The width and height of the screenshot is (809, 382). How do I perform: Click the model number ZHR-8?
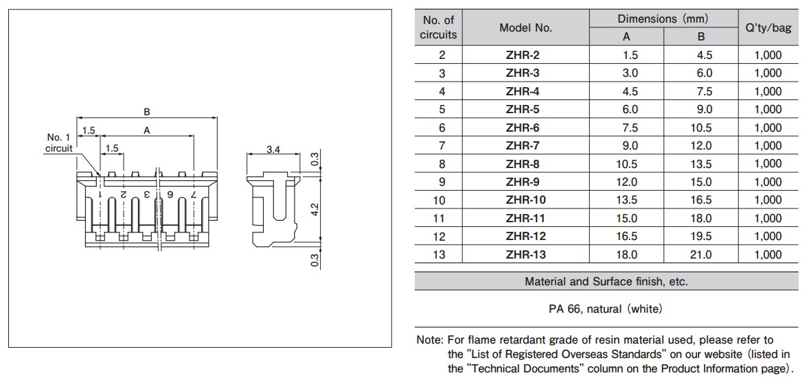click(x=522, y=164)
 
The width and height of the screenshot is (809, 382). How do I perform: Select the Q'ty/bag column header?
click(x=768, y=28)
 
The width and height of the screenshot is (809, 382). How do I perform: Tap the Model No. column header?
click(x=525, y=28)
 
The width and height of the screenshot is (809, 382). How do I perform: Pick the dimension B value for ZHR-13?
click(x=700, y=254)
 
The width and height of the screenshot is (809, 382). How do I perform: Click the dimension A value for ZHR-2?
click(x=626, y=55)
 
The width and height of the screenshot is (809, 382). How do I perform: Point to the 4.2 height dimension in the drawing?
click(x=315, y=208)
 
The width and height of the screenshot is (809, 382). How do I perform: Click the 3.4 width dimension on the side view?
click(x=273, y=150)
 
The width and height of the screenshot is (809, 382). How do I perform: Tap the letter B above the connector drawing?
click(x=146, y=112)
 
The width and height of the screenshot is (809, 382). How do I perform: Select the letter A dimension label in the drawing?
click(x=146, y=130)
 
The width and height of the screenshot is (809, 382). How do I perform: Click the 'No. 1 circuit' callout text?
click(x=58, y=143)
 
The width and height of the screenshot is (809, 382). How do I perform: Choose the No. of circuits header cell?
click(x=438, y=28)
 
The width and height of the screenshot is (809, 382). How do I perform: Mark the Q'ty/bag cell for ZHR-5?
click(x=768, y=109)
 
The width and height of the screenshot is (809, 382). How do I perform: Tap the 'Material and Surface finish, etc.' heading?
click(x=606, y=281)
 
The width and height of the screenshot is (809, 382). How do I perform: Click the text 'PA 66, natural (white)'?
click(x=606, y=309)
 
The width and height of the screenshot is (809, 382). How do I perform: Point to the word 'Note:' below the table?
click(x=430, y=340)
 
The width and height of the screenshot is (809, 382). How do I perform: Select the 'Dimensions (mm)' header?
click(x=663, y=19)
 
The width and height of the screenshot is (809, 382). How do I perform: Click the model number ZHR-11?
click(x=522, y=218)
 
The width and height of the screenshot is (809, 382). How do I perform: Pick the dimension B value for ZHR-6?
click(x=700, y=128)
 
